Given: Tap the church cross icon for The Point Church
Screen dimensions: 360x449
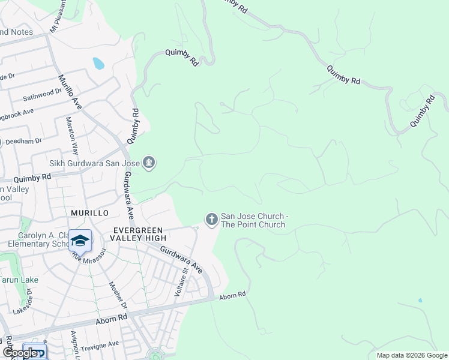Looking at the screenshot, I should [x=211, y=220].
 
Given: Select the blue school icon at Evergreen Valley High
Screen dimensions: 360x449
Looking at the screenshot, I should [x=80, y=241].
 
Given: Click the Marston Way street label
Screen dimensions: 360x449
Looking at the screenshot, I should [x=72, y=136].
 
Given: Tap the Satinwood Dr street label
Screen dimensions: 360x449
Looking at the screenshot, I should [x=43, y=92].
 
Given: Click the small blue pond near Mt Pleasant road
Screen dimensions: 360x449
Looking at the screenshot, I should [x=98, y=63].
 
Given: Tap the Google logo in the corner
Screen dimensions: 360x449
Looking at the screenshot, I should [x=19, y=353].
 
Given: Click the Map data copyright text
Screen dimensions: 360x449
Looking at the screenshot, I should [x=412, y=355].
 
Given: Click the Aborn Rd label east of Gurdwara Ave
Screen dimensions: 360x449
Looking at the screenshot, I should [x=233, y=295].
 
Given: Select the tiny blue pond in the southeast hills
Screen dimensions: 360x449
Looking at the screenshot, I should [x=420, y=300].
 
